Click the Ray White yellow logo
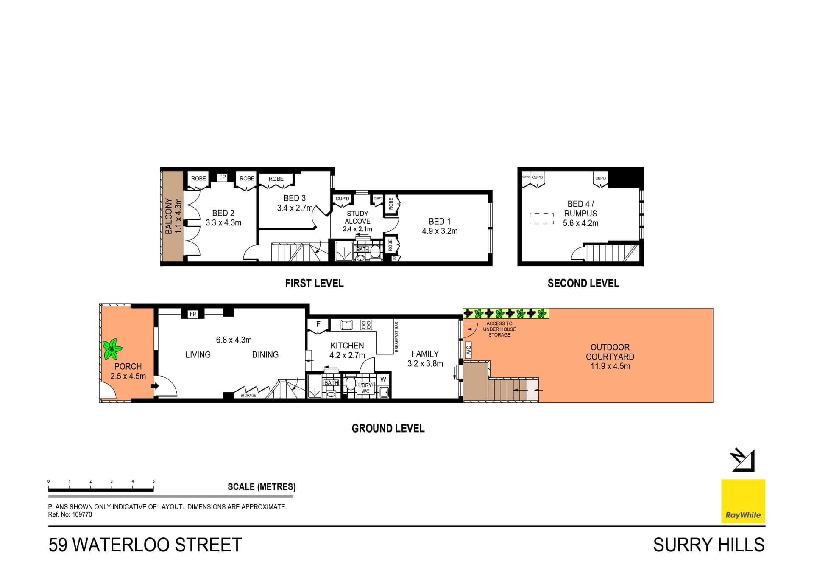pos(743,501)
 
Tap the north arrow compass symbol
pos(742,460)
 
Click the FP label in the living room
pos(193,314)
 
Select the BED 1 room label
pos(439,222)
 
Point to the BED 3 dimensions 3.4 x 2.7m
pos(295,208)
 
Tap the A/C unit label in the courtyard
pos(468,350)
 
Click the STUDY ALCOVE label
pos(357,217)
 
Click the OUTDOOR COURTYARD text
pos(610,352)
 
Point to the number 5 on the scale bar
pos(153,481)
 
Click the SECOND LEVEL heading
pos(583,283)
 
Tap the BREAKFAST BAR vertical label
pos(396,337)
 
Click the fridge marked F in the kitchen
pos(318,324)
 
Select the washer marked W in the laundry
pos(383,379)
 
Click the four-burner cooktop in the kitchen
pos(366,325)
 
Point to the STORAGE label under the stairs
pos(248,395)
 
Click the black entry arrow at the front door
pos(155,386)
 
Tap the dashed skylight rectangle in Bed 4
pos(542,219)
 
